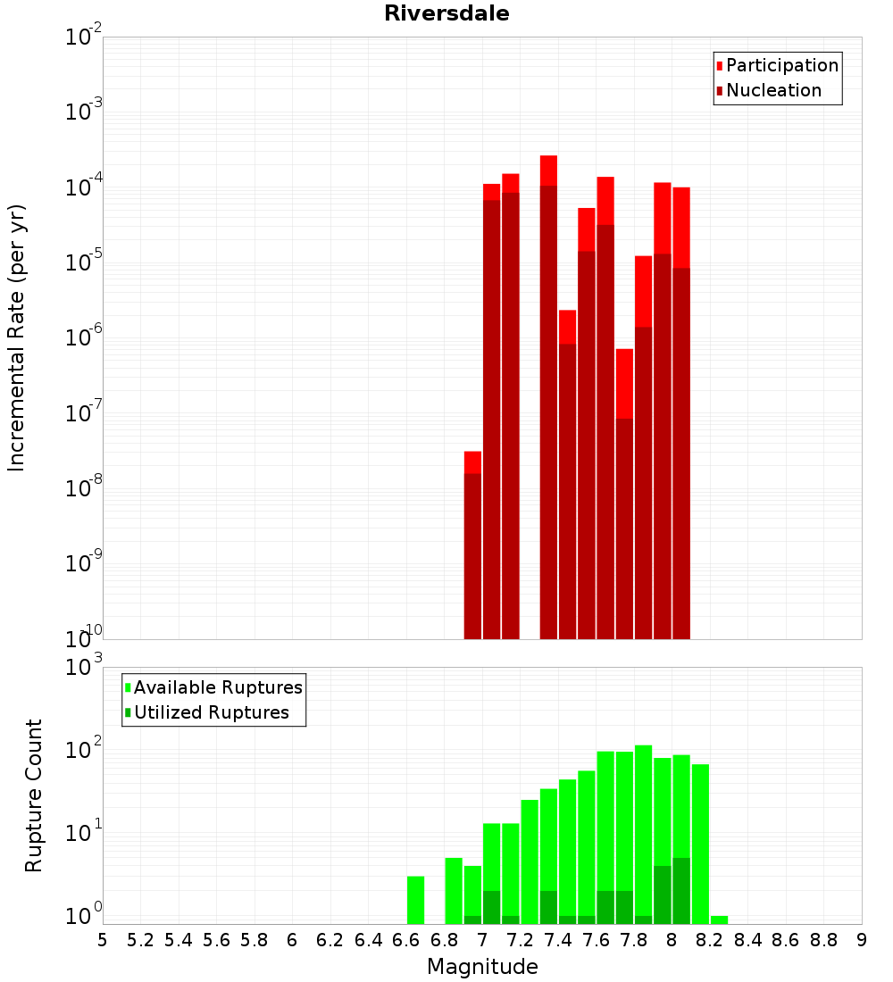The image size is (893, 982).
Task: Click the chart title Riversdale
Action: point(446,13)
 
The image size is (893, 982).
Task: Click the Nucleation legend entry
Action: point(772,90)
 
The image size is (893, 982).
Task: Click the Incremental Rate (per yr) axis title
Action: point(17,337)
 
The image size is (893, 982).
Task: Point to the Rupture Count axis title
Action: point(34,795)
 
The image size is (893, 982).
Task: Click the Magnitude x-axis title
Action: point(482,967)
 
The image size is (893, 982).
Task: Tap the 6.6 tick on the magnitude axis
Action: point(406,940)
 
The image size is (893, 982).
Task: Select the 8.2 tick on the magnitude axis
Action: point(710,940)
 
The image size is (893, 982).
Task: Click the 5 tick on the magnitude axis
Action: point(103,940)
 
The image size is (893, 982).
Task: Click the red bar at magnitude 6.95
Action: point(472,545)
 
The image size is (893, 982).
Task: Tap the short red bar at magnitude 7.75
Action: point(624,491)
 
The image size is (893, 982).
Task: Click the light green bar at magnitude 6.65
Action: point(415,900)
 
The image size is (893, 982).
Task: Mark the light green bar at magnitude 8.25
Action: point(719,920)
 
